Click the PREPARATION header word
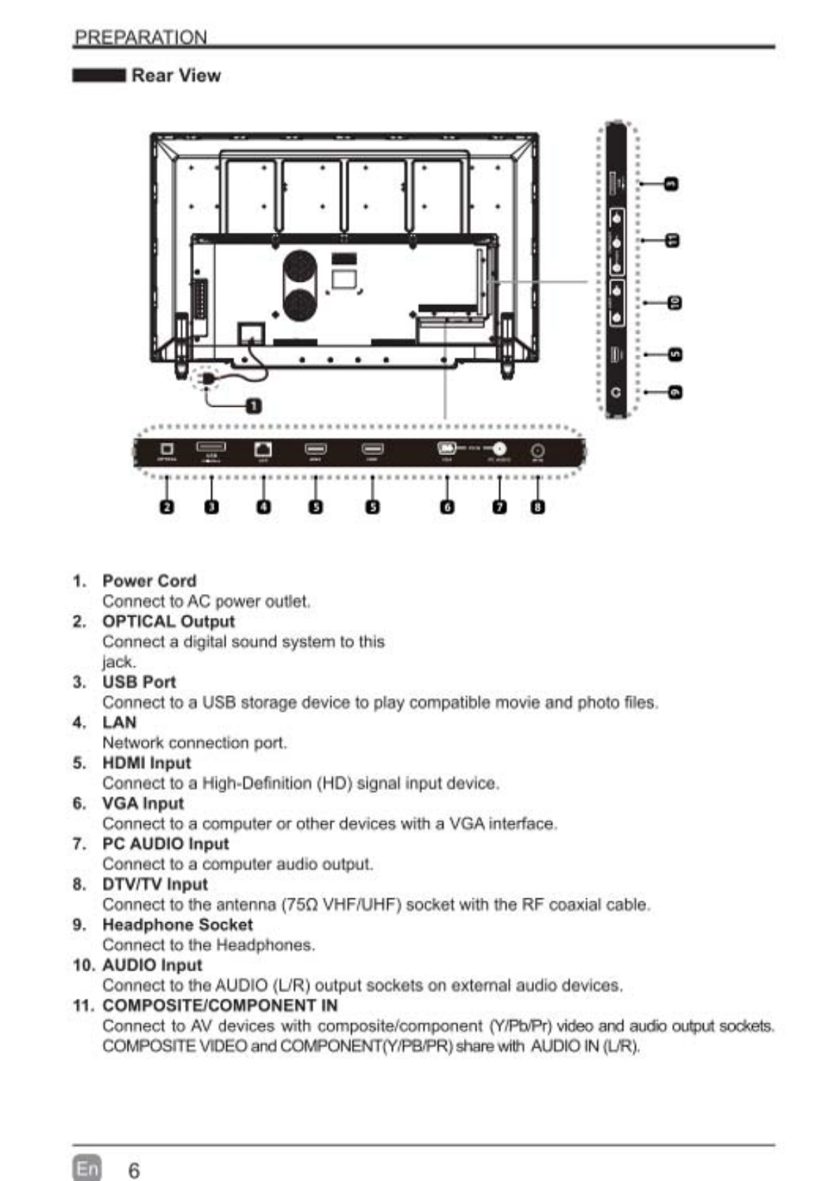pyautogui.click(x=141, y=37)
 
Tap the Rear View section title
pyautogui.click(x=176, y=76)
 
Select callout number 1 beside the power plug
pyautogui.click(x=254, y=406)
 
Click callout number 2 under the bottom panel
pyautogui.click(x=167, y=506)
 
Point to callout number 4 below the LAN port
pyautogui.click(x=263, y=506)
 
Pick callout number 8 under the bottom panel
pyautogui.click(x=538, y=506)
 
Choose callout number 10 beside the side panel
pyautogui.click(x=674, y=302)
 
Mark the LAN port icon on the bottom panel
pyautogui.click(x=263, y=449)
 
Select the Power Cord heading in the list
pyautogui.click(x=149, y=581)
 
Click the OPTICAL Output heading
pyautogui.click(x=168, y=621)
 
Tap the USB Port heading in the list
pyautogui.click(x=139, y=682)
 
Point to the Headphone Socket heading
pyautogui.click(x=177, y=924)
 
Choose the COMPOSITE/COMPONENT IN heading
pyautogui.click(x=219, y=1005)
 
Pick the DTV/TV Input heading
pyautogui.click(x=155, y=884)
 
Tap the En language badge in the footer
pyautogui.click(x=87, y=1168)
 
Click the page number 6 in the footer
pyautogui.click(x=133, y=1170)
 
